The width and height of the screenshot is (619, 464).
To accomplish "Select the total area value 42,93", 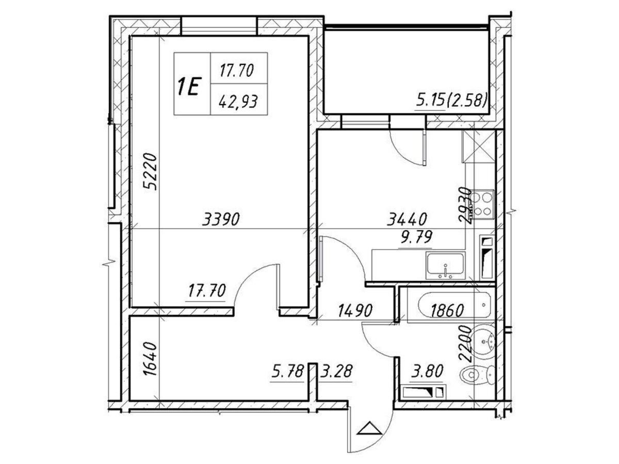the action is (238, 102).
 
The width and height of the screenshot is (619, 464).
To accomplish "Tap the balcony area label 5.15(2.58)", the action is (451, 101).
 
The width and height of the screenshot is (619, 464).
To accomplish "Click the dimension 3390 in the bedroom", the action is (221, 219).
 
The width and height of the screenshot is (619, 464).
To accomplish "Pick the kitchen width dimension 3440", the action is (407, 219).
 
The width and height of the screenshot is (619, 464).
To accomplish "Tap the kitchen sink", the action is (446, 266).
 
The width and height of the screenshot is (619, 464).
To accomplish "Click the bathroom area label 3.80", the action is (427, 371).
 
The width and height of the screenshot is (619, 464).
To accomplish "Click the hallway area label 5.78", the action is (287, 371).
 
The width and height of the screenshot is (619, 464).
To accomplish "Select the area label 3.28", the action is (336, 371).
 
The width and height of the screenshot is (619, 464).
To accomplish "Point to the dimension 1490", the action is (355, 310).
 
